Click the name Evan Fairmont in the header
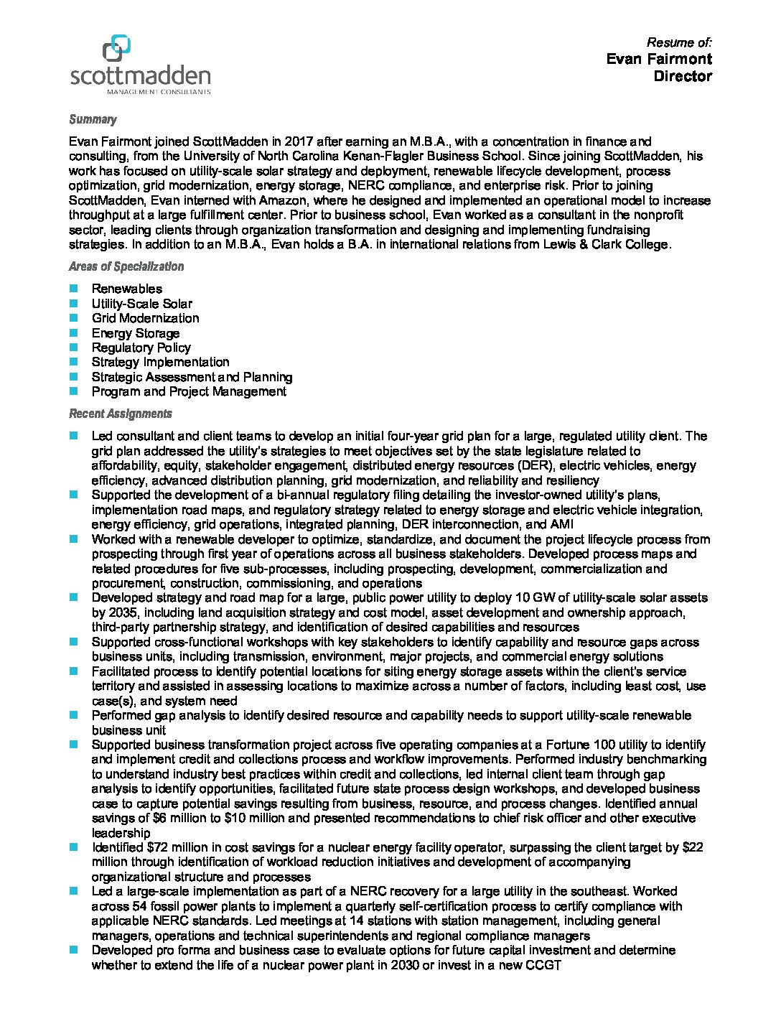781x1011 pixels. (x=658, y=59)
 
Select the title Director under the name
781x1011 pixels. (x=682, y=76)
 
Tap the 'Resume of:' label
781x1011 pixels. (x=679, y=42)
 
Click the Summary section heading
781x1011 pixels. (x=93, y=119)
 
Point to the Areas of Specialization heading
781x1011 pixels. (x=126, y=266)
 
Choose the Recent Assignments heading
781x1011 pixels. (x=121, y=414)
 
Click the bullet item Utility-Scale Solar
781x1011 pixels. (x=141, y=304)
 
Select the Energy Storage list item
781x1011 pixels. (x=135, y=333)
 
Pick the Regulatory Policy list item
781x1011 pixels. (x=141, y=348)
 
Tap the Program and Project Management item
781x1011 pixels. (x=189, y=391)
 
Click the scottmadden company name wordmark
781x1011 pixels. (x=141, y=75)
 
